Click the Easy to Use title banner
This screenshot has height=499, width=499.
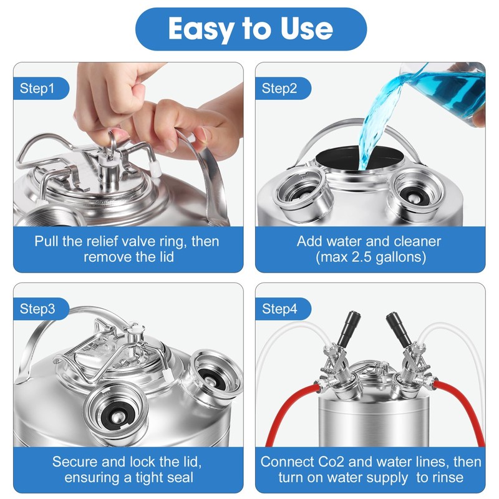coord(251,29)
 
